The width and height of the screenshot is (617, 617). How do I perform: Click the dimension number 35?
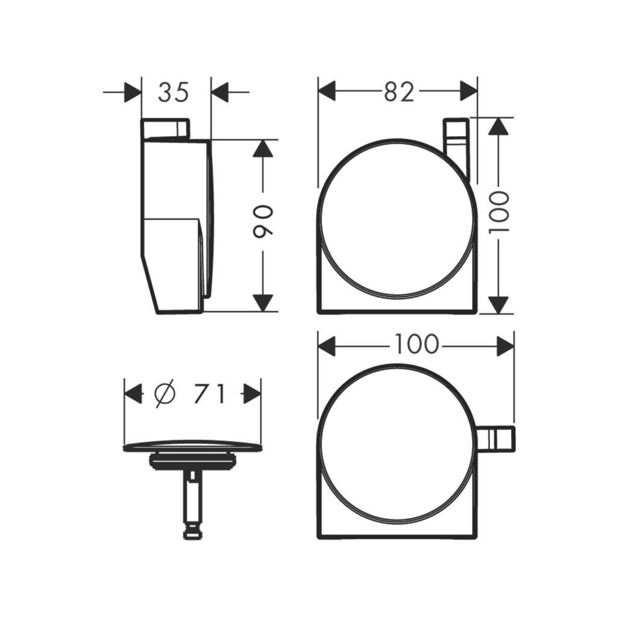point(174,92)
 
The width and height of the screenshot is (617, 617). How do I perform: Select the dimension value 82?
point(399,92)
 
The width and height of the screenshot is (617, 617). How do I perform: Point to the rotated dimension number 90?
point(263,221)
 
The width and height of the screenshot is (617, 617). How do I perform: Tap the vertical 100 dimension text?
point(499,211)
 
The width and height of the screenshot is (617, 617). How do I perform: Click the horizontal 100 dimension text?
point(416,343)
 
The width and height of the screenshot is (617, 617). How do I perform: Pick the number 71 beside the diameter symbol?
point(210,394)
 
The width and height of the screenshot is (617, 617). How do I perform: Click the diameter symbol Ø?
point(164,394)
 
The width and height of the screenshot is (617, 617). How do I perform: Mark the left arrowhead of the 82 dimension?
point(327,92)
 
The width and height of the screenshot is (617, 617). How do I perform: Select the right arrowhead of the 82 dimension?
point(468,92)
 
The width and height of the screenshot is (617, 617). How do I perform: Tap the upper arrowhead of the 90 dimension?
point(263,149)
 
